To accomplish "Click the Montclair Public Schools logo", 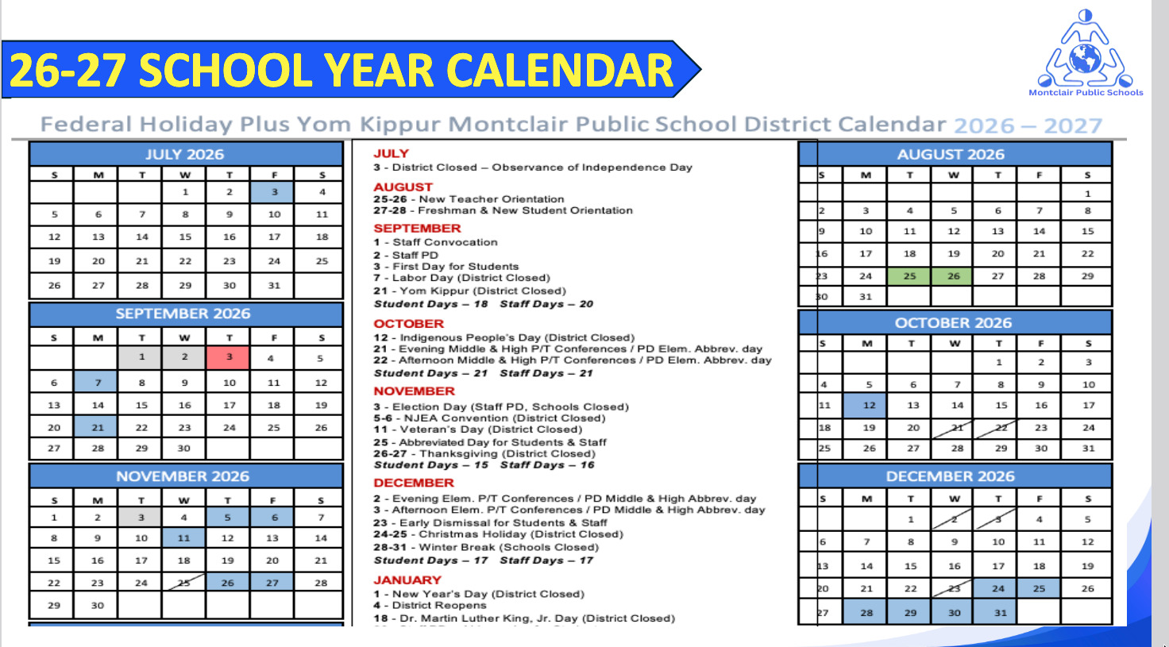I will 1086,52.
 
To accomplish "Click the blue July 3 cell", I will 274,191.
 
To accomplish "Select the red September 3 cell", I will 229,357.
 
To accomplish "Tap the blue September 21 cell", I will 98,427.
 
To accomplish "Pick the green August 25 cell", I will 909,276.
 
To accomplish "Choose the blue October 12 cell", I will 869,405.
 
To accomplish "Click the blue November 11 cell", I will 183,537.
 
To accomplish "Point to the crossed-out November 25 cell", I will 183,583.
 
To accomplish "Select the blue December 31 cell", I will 1000,612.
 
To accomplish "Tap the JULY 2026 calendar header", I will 185,154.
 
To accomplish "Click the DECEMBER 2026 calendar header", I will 951,476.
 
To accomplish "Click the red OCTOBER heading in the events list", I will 408,324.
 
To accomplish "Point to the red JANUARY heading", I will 407,580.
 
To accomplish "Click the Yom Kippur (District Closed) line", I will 470,291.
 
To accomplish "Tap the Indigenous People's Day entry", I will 504,337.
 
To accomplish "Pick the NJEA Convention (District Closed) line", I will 490,418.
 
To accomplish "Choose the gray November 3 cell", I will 141,517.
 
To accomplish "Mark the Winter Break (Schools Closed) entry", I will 486,547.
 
